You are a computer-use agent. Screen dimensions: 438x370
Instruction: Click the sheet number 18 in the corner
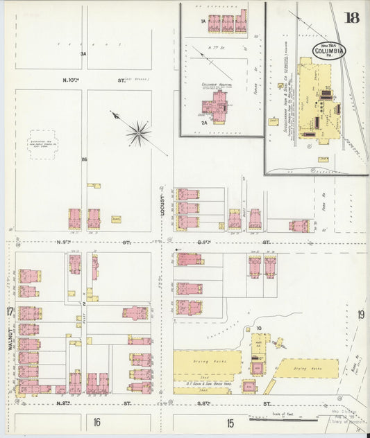coord(352,17)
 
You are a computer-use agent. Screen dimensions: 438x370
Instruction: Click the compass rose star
coord(139,132)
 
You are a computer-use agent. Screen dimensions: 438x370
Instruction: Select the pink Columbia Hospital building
coord(216,105)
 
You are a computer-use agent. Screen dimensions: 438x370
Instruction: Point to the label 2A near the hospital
coord(204,122)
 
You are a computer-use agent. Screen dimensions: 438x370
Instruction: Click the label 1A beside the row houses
coord(203,21)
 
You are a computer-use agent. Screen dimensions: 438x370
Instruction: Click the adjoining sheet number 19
coord(361,315)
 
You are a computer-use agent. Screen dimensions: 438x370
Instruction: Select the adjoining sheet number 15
coord(229,423)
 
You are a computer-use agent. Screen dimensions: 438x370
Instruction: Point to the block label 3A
coord(83,53)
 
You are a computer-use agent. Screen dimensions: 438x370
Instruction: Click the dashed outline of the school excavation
coord(44,145)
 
